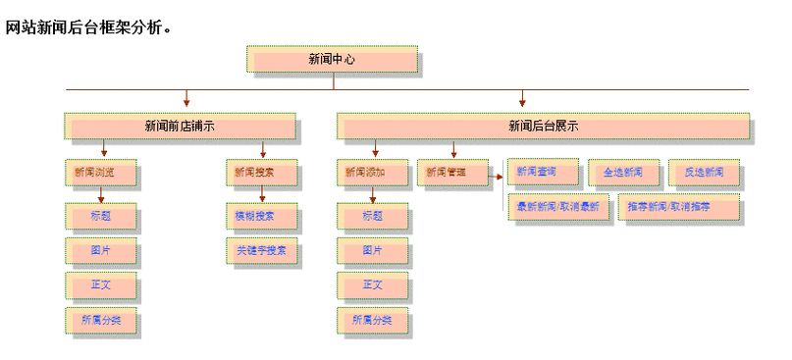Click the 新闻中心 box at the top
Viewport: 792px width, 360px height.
pyautogui.click(x=332, y=60)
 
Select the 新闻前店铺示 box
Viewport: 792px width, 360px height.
pyautogui.click(x=180, y=126)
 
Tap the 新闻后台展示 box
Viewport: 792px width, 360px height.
pyautogui.click(x=543, y=126)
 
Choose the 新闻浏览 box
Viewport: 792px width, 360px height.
pyautogui.click(x=100, y=173)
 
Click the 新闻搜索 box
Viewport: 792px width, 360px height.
pyautogui.click(x=260, y=173)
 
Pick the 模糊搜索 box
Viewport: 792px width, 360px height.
pyautogui.click(x=260, y=216)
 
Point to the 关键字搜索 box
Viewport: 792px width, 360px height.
pyautogui.click(x=260, y=251)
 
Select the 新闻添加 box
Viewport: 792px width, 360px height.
pyautogui.click(x=372, y=173)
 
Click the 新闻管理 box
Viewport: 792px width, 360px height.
pyautogui.click(x=451, y=173)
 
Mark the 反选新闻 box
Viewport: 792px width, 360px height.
pyautogui.click(x=704, y=173)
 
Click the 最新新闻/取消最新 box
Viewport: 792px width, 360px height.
pyautogui.click(x=557, y=207)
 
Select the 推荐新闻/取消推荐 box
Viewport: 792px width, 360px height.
pyautogui.click(x=678, y=207)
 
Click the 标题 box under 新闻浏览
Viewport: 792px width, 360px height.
pyautogui.click(x=100, y=216)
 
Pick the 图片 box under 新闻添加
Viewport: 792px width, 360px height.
pyautogui.click(x=372, y=251)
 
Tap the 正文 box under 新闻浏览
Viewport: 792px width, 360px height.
pyautogui.click(x=100, y=285)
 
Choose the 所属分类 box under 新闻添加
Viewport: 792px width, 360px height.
pyautogui.click(x=372, y=320)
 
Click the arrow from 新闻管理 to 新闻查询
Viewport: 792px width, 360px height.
pyautogui.click(x=497, y=177)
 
